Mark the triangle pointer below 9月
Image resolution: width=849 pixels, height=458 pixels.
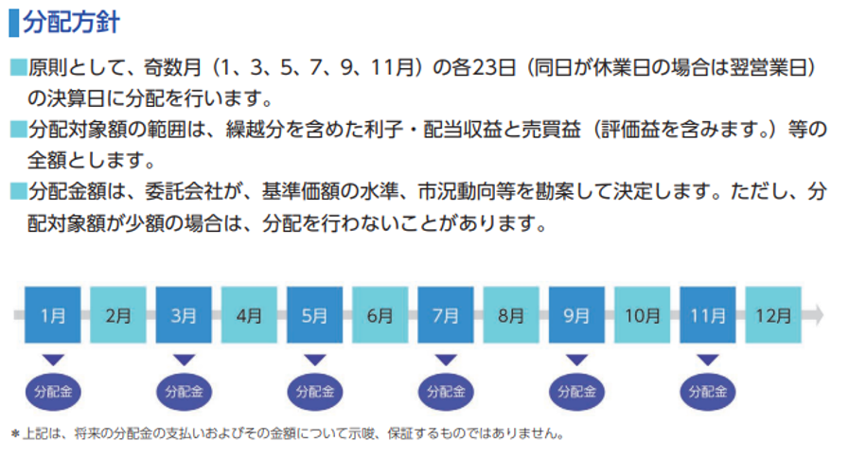[576, 360]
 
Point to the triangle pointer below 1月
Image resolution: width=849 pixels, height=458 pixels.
[53, 360]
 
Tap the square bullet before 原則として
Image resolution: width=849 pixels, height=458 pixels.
[18, 68]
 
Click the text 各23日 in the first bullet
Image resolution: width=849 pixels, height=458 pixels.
[486, 68]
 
